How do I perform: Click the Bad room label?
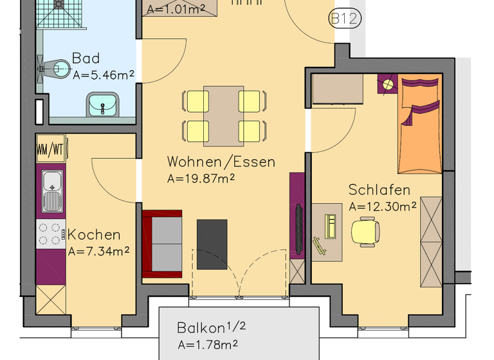(86, 59)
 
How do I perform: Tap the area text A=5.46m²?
(103, 75)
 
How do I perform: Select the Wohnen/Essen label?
(221, 161)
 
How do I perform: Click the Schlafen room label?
(379, 190)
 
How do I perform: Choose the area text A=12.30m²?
(382, 206)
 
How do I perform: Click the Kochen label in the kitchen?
(94, 235)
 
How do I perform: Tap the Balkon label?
(202, 328)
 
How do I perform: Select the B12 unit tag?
(343, 19)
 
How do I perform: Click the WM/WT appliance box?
(50, 150)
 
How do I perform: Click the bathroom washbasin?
(102, 104)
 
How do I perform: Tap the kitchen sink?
(52, 190)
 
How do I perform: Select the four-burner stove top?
(51, 234)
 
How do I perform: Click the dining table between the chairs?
(223, 116)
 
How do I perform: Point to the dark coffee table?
(212, 244)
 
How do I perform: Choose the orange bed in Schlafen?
(419, 125)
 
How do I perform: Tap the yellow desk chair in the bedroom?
(365, 231)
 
